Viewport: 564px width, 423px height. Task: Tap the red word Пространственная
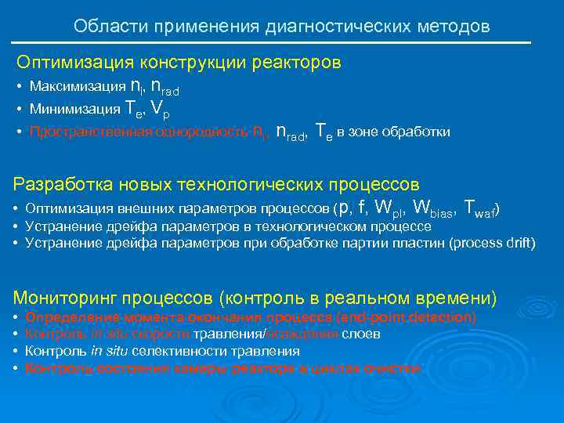coord(82,132)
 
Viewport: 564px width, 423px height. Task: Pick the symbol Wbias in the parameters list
coord(434,208)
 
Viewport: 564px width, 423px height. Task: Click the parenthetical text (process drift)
coord(491,243)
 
